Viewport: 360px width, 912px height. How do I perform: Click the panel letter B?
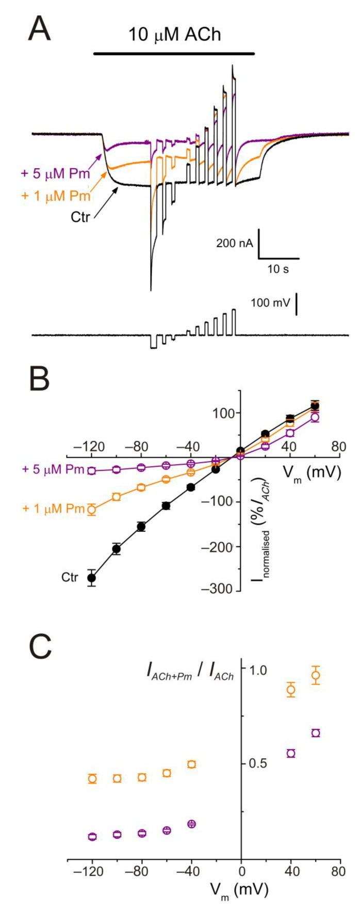coord(39,379)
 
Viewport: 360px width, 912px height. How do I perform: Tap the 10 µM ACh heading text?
coord(174,35)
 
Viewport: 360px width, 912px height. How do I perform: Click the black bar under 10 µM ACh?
coord(174,53)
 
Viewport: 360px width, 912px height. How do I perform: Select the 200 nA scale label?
coord(235,243)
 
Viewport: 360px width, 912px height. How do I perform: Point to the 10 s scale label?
coord(278,269)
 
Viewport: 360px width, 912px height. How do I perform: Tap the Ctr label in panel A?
coord(80,216)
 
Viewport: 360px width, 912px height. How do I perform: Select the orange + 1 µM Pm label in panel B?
coord(53,509)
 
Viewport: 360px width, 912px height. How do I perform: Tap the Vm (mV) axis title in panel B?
coord(313,472)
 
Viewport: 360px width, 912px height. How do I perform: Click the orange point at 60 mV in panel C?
coord(316,675)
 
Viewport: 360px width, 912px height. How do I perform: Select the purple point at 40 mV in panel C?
coord(291,753)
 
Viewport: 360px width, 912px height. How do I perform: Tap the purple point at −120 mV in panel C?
coord(92,837)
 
